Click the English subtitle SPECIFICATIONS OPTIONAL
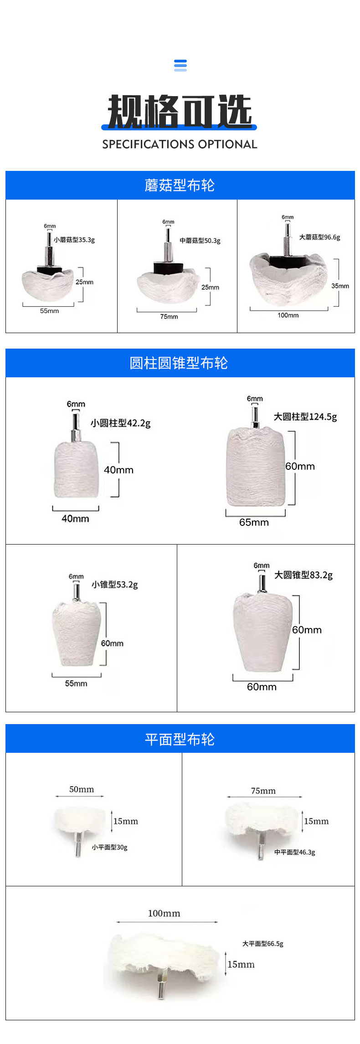coord(180,144)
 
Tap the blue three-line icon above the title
coord(180,65)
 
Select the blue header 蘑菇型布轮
coord(180,185)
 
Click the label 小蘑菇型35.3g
coord(74,240)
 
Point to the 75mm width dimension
coord(169,317)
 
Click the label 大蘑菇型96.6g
coord(319,237)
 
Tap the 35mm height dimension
coord(340,286)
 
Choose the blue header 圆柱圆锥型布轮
coord(179,363)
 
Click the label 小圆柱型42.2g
coord(120,423)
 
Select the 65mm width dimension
coord(254,522)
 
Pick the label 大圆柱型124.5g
coord(305,417)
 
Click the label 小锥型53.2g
coord(115,585)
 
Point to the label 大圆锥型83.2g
coord(303,575)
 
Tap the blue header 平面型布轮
coord(180,739)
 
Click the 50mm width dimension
coord(82,789)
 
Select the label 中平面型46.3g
coord(294,852)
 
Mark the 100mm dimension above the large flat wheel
coord(164,913)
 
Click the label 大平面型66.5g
coord(262,944)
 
